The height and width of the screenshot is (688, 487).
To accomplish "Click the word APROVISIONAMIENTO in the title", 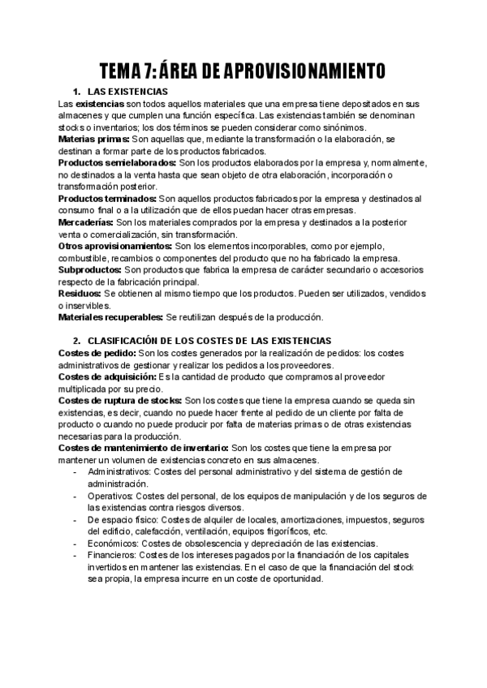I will click(296, 71).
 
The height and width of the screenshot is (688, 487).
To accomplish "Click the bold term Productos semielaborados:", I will click(117, 162).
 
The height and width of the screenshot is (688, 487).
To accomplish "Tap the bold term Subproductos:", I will click(91, 269).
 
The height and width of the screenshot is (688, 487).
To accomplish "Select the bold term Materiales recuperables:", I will click(110, 316).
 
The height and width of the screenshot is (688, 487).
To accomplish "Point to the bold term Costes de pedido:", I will click(97, 353).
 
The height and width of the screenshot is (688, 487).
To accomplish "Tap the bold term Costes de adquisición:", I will click(108, 376).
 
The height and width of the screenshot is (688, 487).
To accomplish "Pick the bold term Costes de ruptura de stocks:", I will click(121, 400).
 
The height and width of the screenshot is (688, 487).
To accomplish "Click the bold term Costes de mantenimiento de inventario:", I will click(144, 447).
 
